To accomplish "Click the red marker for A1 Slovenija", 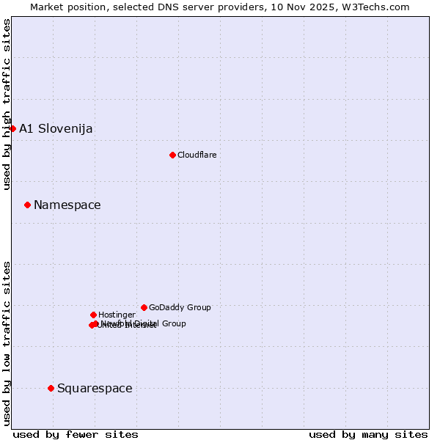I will [x=12, y=128].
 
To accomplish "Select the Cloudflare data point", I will [x=172, y=155].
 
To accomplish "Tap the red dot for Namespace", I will [x=27, y=205].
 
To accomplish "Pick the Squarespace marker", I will [x=51, y=388].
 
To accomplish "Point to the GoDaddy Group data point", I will [x=144, y=307].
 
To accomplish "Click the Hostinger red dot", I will [x=93, y=315].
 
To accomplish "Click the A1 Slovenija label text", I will [x=56, y=129].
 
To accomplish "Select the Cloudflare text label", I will [x=197, y=155].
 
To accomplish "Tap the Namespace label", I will [x=67, y=205].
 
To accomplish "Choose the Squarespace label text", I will [x=95, y=389].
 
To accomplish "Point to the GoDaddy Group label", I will [x=180, y=307].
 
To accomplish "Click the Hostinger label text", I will [x=117, y=315].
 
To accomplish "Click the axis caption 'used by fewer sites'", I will [x=76, y=434].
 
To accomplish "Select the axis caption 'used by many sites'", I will [x=368, y=434].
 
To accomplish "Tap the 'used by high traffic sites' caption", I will [x=7, y=104].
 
